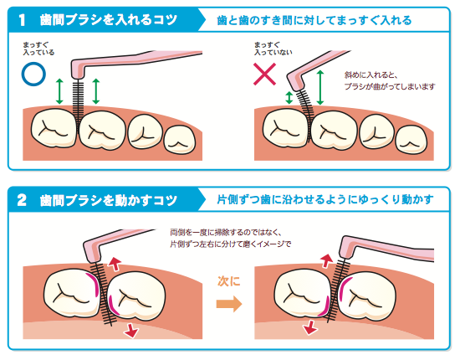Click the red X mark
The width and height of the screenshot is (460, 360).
pos(264,74)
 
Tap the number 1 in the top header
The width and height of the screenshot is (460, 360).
pos(23,20)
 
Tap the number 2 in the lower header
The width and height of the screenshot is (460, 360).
pos(22,200)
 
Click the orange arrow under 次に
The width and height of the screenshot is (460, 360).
pos(229,304)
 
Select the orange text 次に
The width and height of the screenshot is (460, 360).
pos(229,281)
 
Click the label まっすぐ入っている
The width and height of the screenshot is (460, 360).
pos(38,49)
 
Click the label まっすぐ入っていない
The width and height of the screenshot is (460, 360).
pos(273,49)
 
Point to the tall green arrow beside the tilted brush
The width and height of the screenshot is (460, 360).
pos(320,88)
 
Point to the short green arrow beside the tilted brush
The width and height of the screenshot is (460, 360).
pos(289,98)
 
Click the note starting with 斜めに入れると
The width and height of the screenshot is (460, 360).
pos(390,80)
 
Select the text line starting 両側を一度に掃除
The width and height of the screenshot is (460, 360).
pos(226,232)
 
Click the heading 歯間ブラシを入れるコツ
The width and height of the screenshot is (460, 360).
pos(109,20)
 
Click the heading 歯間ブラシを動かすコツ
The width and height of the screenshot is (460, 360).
pos(109,200)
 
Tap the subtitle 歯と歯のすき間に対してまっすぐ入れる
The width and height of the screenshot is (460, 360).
pos(314,20)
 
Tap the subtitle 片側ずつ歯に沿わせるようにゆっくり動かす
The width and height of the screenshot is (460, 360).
pos(325,199)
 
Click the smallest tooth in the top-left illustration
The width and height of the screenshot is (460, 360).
pos(180,140)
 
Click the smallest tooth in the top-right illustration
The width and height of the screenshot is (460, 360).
pos(411,140)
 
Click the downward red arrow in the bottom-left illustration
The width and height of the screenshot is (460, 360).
pos(131,330)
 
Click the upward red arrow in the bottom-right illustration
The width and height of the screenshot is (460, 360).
pos(326,260)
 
